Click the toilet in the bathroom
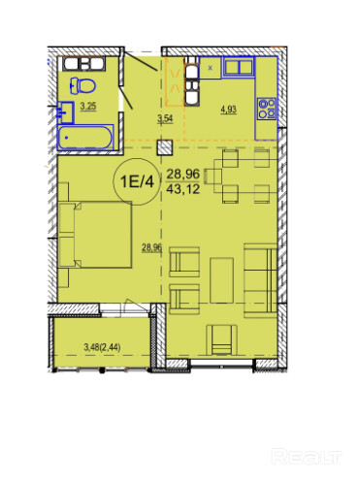[x=82, y=85]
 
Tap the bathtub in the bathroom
[x=85, y=138]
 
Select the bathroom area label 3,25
[x=88, y=106]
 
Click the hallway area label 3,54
[x=165, y=118]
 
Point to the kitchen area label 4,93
[x=228, y=110]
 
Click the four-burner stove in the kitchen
[x=267, y=109]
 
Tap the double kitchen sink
[x=239, y=67]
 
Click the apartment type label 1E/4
[x=137, y=181]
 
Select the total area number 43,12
[x=183, y=188]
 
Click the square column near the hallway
[x=165, y=148]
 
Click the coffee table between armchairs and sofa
[x=221, y=280]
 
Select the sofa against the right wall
[x=260, y=280]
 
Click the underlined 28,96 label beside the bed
[x=151, y=248]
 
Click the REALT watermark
[x=306, y=457]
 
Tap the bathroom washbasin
[x=66, y=113]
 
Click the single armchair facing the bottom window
[x=221, y=339]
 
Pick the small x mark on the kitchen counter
[x=211, y=68]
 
